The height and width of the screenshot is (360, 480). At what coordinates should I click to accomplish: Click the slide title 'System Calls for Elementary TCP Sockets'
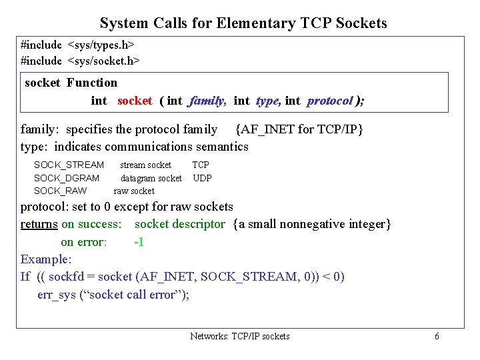pyautogui.click(x=243, y=23)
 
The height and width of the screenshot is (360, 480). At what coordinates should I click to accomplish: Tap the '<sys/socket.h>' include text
pyautogui.click(x=104, y=60)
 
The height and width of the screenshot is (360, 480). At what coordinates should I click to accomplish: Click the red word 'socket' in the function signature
pyautogui.click(x=135, y=101)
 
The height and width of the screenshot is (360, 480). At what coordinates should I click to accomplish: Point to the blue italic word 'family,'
pyautogui.click(x=208, y=101)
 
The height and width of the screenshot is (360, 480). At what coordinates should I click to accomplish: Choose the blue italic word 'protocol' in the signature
pyautogui.click(x=329, y=101)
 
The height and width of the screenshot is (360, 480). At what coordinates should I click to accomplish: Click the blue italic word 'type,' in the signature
pyautogui.click(x=267, y=101)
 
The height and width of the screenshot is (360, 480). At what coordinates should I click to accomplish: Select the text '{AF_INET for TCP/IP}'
pyautogui.click(x=299, y=129)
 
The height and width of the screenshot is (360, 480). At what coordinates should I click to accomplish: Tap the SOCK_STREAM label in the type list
pyautogui.click(x=69, y=165)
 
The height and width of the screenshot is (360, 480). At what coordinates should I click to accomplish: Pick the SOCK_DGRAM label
pyautogui.click(x=67, y=178)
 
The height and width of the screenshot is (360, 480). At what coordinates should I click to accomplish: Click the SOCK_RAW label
pyautogui.click(x=60, y=191)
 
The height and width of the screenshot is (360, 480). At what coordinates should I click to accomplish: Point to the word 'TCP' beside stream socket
pyautogui.click(x=201, y=165)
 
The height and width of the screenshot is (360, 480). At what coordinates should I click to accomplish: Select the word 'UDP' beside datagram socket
pyautogui.click(x=202, y=178)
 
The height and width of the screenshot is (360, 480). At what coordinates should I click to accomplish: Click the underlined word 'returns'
pyautogui.click(x=39, y=224)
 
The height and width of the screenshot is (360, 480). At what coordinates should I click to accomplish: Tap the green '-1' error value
pyautogui.click(x=139, y=242)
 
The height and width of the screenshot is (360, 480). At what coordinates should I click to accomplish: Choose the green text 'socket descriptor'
pyautogui.click(x=180, y=224)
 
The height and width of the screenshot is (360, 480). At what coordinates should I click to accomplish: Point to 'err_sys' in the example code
pyautogui.click(x=57, y=294)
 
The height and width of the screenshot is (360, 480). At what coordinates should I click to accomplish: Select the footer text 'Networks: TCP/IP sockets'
pyautogui.click(x=240, y=336)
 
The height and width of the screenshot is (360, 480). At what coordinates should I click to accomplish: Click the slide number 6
pyautogui.click(x=437, y=336)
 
